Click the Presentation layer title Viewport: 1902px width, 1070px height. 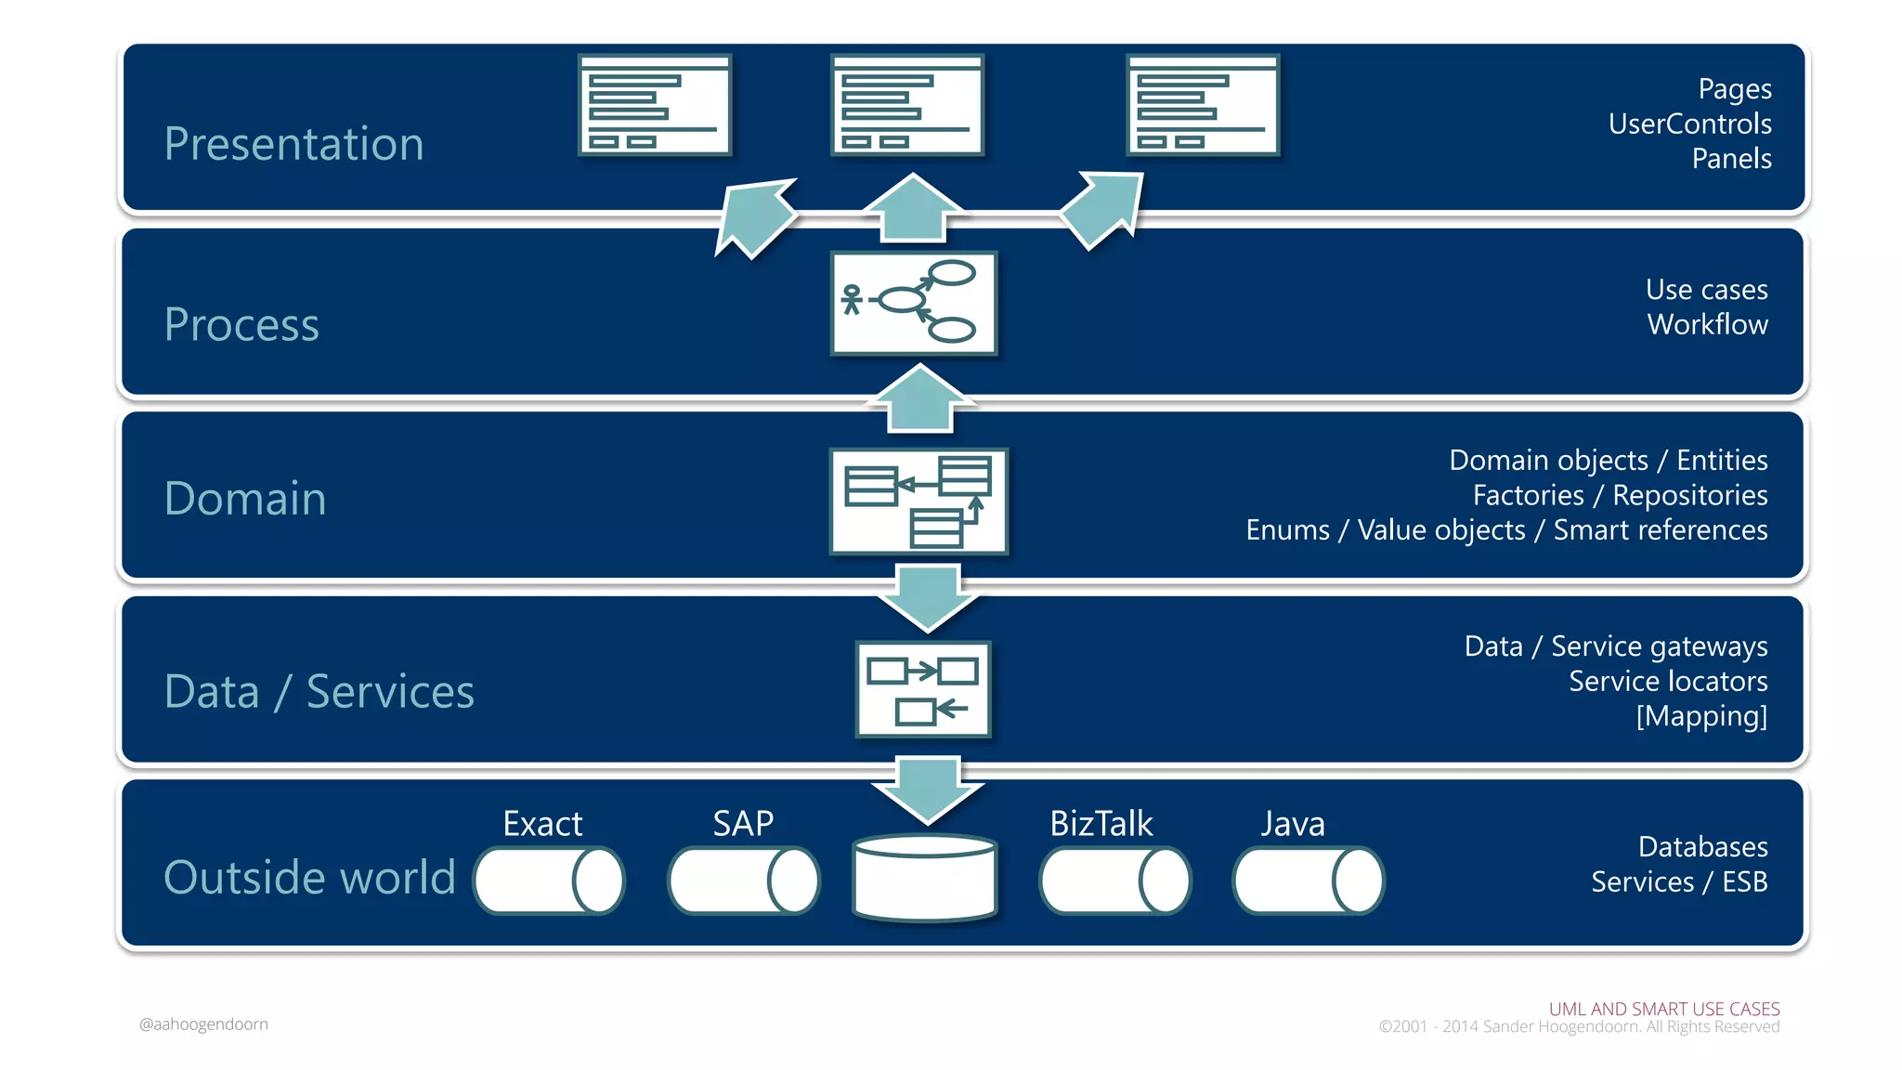293,144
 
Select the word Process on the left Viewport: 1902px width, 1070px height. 241,324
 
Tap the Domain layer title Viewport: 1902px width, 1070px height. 245,499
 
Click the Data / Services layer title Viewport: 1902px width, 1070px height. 319,692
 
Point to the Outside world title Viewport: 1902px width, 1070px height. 309,877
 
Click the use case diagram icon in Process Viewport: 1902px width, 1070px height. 914,303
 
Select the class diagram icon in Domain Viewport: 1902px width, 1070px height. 918,502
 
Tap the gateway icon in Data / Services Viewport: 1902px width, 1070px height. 923,689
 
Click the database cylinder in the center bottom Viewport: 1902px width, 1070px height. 925,878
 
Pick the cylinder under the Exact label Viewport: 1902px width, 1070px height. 549,881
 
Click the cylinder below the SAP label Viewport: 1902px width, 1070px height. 743,881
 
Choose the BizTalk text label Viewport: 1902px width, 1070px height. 1101,824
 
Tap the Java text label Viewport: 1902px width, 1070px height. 1292,824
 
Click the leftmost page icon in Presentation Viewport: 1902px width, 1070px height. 655,105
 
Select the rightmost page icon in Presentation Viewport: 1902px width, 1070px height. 1203,105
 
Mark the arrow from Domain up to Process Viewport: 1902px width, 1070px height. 920,399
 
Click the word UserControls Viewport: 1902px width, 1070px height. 1689,124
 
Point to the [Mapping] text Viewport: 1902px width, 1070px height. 1701,716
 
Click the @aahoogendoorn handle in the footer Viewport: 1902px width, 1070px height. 203,1024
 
